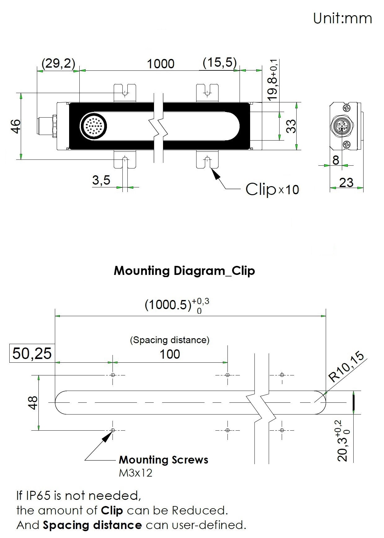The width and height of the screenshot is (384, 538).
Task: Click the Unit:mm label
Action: click(x=342, y=18)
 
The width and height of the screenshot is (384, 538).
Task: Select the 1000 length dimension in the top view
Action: click(x=160, y=64)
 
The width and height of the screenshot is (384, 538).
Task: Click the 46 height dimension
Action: click(x=15, y=126)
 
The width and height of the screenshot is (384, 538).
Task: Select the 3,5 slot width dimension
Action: click(x=101, y=180)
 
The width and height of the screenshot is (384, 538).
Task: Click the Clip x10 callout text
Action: click(x=272, y=189)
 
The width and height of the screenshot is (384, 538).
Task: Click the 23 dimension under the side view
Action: click(x=346, y=182)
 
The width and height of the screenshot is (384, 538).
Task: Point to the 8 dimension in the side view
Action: click(x=336, y=160)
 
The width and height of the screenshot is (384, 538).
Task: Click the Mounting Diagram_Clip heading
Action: click(x=184, y=271)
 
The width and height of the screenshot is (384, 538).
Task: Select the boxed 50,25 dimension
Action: click(x=32, y=353)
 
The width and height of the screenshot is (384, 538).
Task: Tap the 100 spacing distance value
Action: click(x=170, y=354)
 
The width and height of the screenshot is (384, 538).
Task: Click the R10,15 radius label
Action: click(x=346, y=368)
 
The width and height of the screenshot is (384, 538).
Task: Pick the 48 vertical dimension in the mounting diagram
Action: click(x=33, y=403)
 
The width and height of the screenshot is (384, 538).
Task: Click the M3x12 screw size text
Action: click(x=135, y=473)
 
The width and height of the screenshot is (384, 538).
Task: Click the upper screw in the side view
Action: click(x=347, y=108)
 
